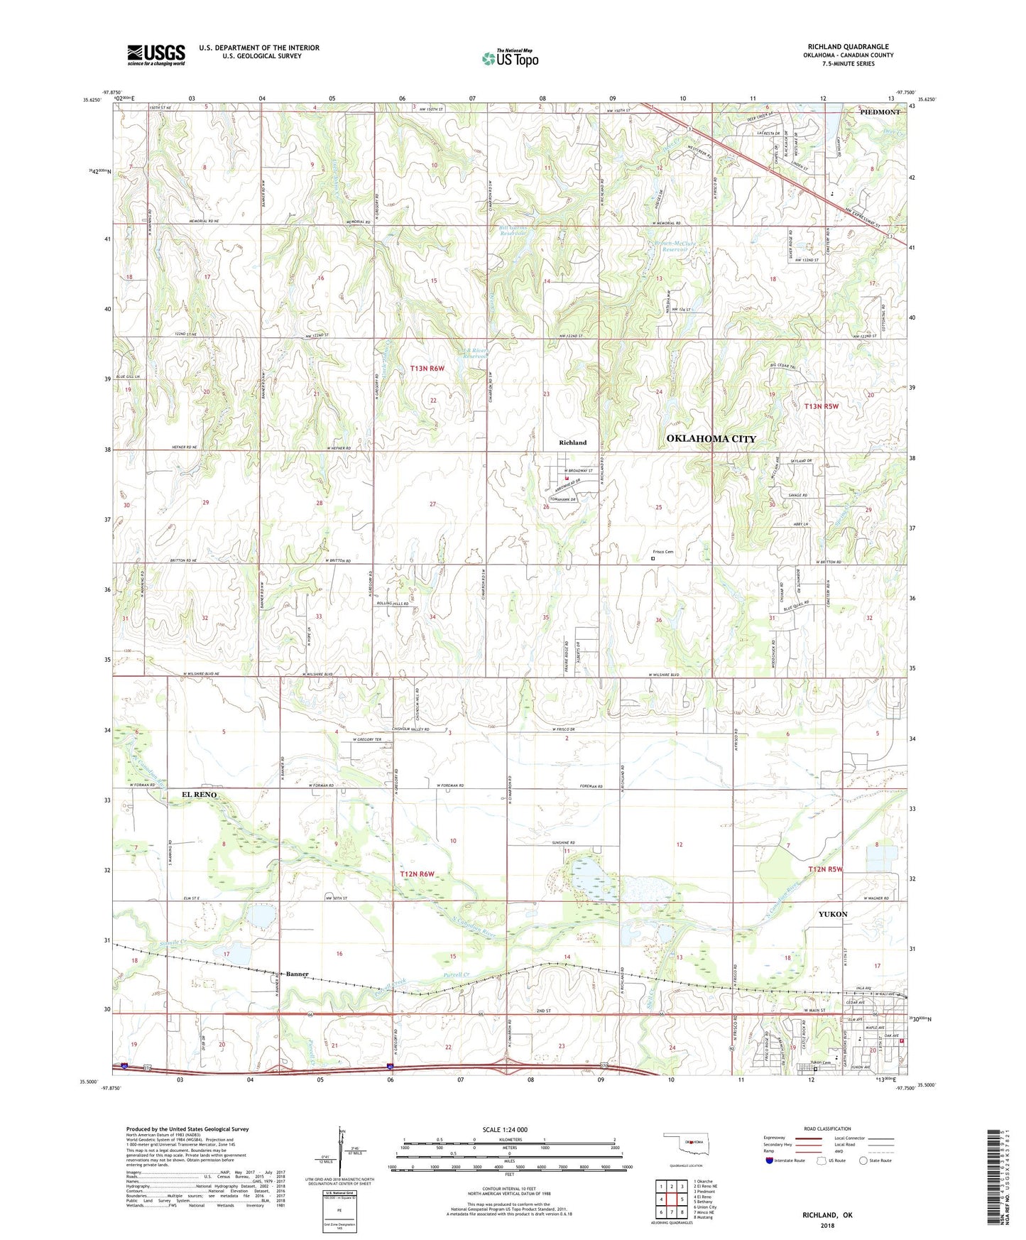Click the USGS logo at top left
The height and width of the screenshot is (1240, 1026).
click(156, 55)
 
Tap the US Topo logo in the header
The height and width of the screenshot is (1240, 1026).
click(510, 58)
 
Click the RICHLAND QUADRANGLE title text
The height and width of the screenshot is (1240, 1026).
click(848, 47)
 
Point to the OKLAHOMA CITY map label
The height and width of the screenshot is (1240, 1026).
click(711, 439)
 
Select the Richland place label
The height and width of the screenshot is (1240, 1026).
click(572, 442)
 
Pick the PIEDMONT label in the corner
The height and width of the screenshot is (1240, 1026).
click(880, 112)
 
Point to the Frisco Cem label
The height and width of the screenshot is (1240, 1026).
click(662, 552)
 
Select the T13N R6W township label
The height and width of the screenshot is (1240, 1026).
click(427, 368)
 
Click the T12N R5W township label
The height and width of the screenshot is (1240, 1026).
click(824, 869)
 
